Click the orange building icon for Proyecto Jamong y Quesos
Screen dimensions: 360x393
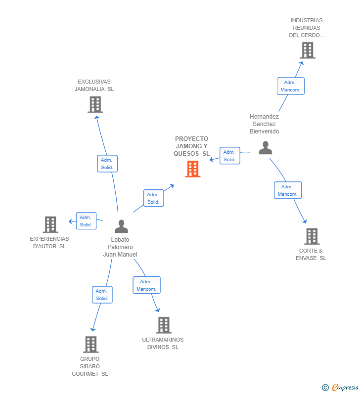(x=192, y=169)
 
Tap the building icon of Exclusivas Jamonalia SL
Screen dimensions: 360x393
(x=95, y=104)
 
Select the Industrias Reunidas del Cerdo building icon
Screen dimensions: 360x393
(x=307, y=50)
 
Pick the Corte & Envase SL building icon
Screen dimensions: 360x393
(x=312, y=236)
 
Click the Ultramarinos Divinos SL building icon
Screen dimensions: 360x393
(x=164, y=325)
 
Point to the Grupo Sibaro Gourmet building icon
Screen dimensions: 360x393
(x=90, y=344)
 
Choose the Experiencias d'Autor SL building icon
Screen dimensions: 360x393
(x=50, y=224)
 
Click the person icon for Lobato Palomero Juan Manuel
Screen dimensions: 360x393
(x=121, y=226)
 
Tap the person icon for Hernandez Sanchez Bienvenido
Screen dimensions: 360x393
(x=266, y=148)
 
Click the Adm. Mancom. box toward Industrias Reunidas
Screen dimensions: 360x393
(x=290, y=86)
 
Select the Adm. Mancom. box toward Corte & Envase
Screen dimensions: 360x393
(x=288, y=190)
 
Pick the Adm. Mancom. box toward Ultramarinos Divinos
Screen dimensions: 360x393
(x=146, y=285)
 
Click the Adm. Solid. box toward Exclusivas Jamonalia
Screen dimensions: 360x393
(x=107, y=164)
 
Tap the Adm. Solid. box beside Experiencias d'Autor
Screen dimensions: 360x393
(x=86, y=221)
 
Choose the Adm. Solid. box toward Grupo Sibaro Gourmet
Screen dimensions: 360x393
(x=102, y=295)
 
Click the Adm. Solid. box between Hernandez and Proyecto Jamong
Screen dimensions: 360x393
(x=229, y=156)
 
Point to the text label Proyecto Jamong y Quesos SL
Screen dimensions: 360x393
(x=191, y=146)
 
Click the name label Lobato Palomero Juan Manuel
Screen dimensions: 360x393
(x=120, y=247)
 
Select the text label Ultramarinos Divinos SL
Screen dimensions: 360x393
(x=163, y=343)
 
